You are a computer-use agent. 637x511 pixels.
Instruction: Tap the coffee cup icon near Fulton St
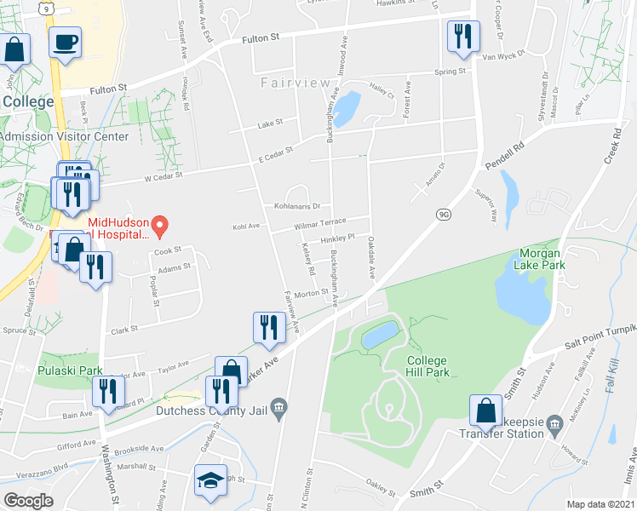(65, 42)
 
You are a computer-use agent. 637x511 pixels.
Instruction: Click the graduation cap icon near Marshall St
(210, 481)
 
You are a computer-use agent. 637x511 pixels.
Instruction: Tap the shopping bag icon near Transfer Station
(485, 411)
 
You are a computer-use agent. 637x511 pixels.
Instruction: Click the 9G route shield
(443, 215)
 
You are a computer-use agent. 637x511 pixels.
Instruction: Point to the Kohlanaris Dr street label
(296, 206)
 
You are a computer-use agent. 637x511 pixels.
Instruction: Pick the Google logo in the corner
(29, 501)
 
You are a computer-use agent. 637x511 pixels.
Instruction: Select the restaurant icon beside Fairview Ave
(268, 327)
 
